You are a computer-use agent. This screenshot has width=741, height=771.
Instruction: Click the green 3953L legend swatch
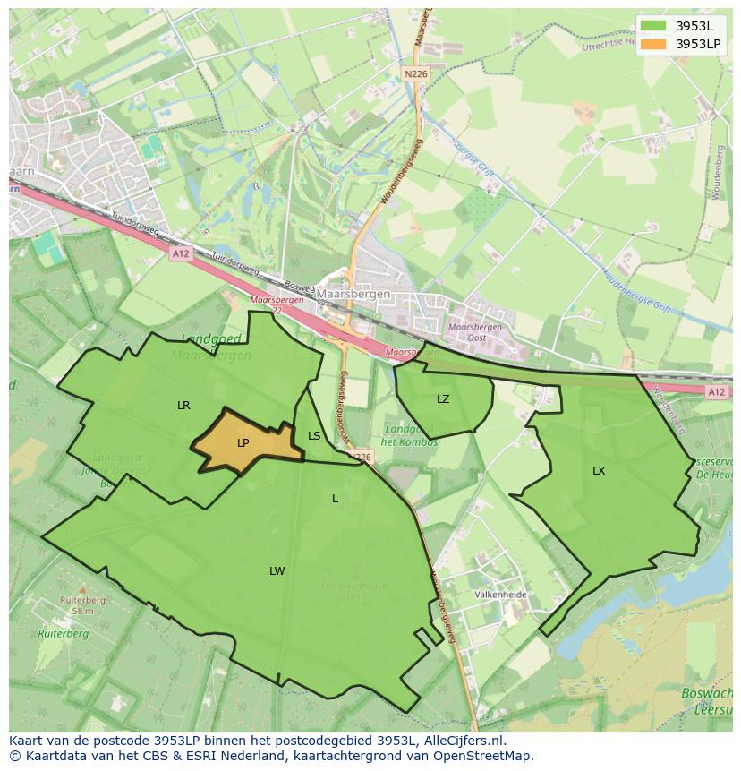point(654,26)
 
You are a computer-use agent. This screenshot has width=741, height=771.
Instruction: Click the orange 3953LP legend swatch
point(654,44)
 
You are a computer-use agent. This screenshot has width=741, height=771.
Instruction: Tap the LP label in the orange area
point(243,443)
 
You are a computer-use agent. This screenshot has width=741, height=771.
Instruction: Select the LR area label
point(183,406)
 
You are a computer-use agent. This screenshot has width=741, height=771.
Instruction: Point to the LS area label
point(314,436)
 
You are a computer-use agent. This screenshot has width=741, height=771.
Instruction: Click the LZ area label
point(443,399)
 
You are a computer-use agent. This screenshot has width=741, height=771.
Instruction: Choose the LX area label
point(599,471)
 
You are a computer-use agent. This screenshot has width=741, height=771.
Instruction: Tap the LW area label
point(277,571)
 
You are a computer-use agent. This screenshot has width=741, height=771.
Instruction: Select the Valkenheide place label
point(500,595)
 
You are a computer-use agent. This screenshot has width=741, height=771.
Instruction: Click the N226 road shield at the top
point(413,74)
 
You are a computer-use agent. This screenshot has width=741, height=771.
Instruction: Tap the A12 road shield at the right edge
point(716,392)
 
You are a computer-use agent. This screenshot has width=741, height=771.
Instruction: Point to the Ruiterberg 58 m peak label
point(82,605)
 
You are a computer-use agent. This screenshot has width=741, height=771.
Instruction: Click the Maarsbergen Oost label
point(474,332)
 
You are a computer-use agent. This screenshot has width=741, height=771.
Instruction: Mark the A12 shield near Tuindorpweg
point(181,254)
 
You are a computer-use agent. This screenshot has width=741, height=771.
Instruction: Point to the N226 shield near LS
point(360,457)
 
